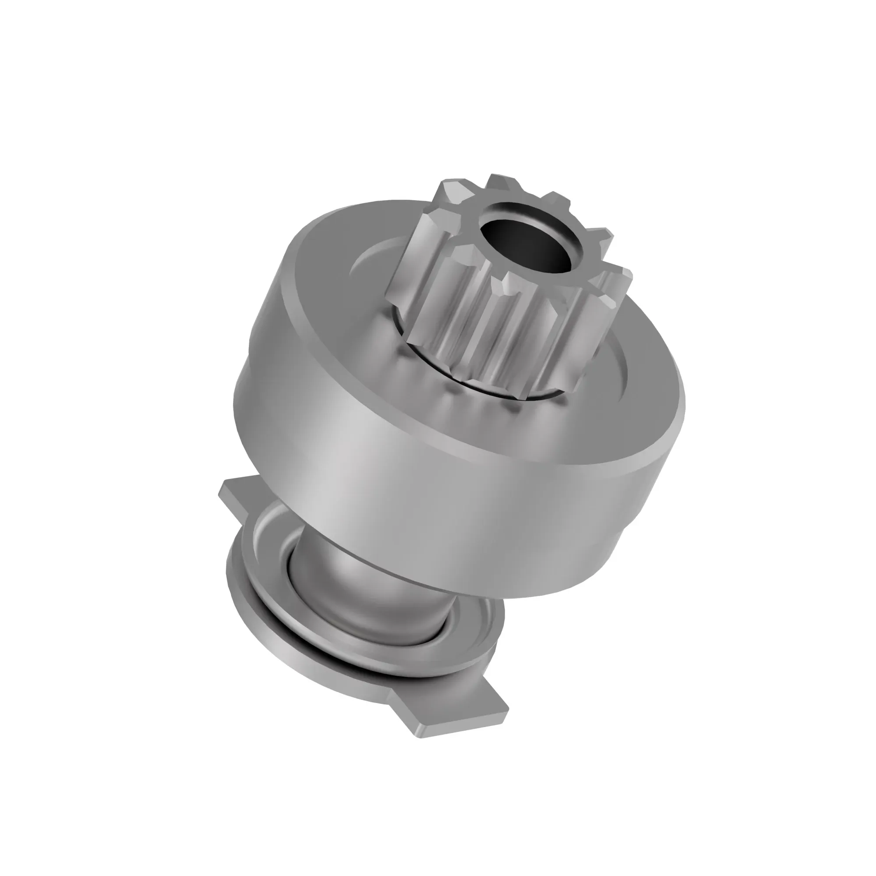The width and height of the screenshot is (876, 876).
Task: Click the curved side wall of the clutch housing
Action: click(408, 476)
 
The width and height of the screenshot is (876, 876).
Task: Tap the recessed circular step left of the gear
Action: click(367, 268)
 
